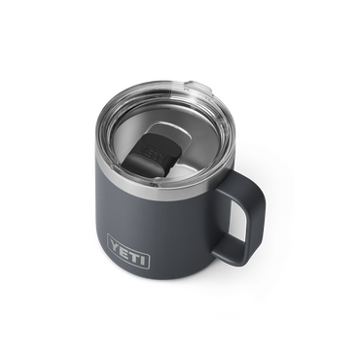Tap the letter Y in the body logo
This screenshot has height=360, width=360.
pos(115,244)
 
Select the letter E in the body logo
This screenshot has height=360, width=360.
pos(125,249)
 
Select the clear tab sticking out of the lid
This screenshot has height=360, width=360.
pos(198,88)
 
